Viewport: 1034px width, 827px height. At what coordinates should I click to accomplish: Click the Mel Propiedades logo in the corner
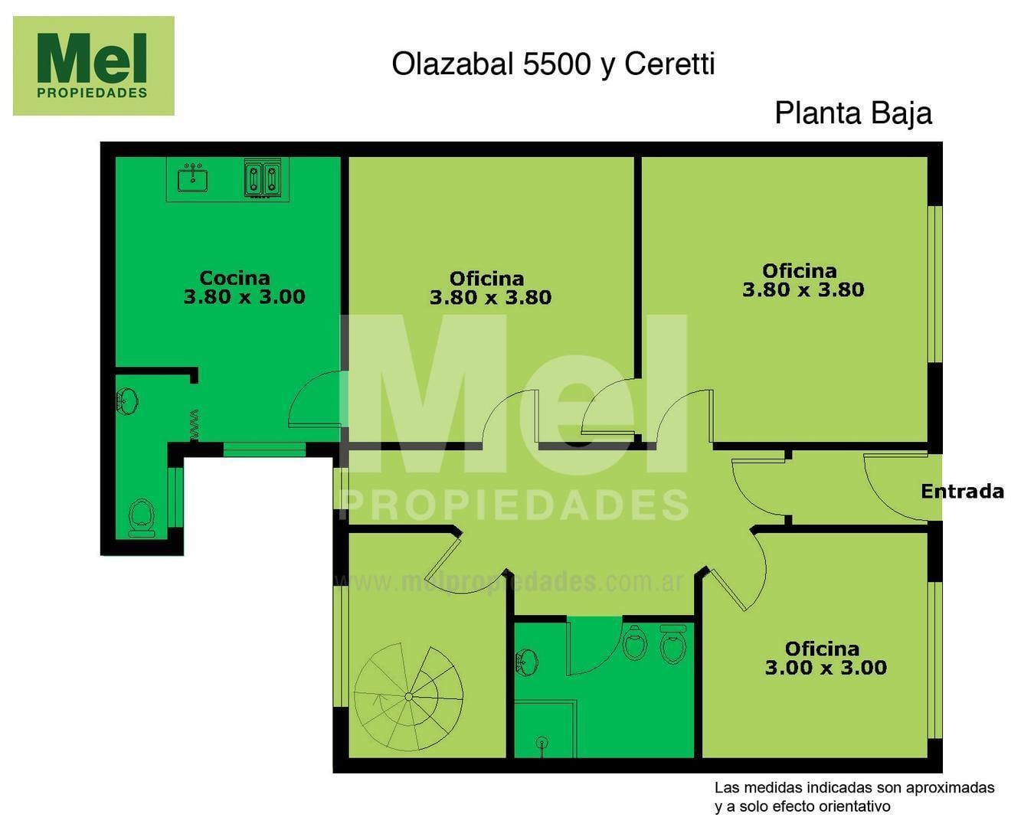point(93,66)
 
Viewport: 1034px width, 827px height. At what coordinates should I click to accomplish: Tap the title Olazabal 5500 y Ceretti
point(554,64)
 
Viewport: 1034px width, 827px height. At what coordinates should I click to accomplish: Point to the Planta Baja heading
point(853,114)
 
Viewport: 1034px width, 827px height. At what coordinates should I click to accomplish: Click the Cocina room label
point(234,278)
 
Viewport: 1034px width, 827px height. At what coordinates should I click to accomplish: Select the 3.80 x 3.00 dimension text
point(244,297)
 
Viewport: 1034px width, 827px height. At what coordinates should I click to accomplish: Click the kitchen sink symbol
point(193,178)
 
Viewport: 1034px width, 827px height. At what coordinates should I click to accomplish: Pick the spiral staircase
point(409,698)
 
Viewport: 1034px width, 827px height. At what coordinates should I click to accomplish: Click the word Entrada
point(963,492)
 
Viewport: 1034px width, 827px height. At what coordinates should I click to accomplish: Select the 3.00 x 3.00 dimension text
point(826,668)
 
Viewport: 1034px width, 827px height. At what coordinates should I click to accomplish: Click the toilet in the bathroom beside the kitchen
point(142,518)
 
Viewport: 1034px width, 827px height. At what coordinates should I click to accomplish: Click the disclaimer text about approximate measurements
point(854,796)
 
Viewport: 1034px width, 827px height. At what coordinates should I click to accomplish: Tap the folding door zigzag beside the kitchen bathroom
point(195,426)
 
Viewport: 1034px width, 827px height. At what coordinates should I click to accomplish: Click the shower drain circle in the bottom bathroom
point(542,743)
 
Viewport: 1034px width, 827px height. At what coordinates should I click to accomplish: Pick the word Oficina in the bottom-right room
point(822,649)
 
